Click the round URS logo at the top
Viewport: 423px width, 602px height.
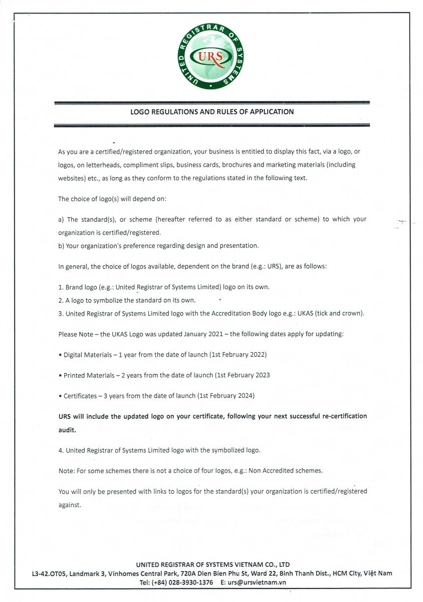(x=210, y=57)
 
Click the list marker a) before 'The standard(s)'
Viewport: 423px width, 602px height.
(x=61, y=219)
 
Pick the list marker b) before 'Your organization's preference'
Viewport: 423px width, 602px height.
(x=61, y=246)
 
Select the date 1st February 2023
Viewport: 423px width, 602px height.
(x=243, y=375)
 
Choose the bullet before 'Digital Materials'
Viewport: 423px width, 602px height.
(x=60, y=355)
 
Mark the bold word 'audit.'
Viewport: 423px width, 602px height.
(x=67, y=430)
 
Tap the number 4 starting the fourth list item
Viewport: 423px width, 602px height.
(x=61, y=450)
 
